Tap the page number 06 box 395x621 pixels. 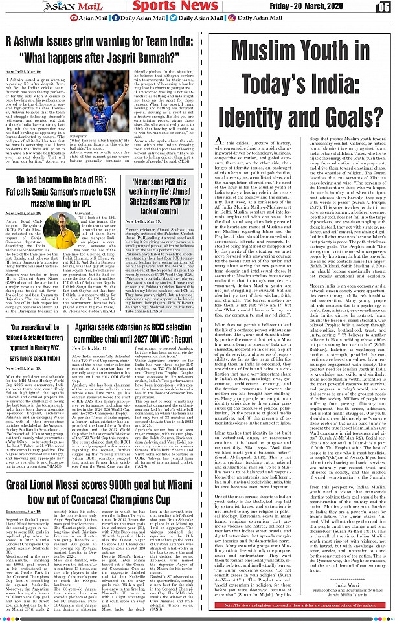click(383, 6)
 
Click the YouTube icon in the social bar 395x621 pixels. click(73, 18)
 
